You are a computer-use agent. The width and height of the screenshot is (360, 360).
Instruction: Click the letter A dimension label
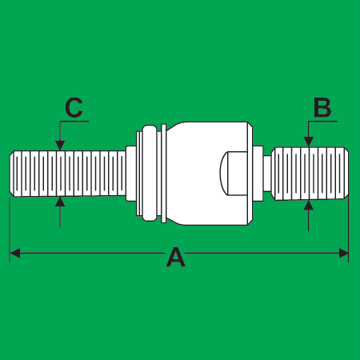(176, 257)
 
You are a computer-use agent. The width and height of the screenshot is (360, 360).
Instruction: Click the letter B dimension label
(322, 108)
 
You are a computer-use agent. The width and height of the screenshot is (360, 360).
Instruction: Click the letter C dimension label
(74, 107)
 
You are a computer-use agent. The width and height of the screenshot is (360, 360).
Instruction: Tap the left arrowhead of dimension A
(14, 253)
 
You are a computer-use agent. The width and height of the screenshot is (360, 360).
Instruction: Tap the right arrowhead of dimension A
(343, 253)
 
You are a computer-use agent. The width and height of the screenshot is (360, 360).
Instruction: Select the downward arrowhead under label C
(60, 146)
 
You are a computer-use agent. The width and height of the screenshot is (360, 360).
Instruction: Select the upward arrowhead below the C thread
(60, 202)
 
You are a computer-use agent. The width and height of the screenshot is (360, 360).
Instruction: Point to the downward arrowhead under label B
(309, 142)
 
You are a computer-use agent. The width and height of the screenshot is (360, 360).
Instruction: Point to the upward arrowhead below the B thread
(309, 206)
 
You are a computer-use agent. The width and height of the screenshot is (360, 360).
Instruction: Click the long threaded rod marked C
(68, 174)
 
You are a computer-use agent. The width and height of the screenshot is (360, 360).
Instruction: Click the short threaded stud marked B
(310, 174)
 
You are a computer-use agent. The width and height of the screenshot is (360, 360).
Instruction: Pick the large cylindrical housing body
(208, 174)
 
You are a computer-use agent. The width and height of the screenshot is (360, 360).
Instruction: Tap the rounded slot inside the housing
(234, 174)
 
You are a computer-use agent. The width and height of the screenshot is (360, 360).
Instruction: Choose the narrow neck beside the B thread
(267, 174)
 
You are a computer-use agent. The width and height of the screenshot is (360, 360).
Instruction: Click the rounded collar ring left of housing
(150, 174)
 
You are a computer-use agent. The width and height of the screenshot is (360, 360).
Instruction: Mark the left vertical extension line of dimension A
(10, 230)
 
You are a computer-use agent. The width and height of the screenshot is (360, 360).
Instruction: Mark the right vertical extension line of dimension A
(349, 230)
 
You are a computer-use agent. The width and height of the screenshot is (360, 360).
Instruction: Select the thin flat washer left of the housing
(164, 174)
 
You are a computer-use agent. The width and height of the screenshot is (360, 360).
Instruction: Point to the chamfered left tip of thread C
(12, 174)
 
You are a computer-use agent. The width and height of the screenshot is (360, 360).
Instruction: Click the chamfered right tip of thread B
(346, 174)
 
